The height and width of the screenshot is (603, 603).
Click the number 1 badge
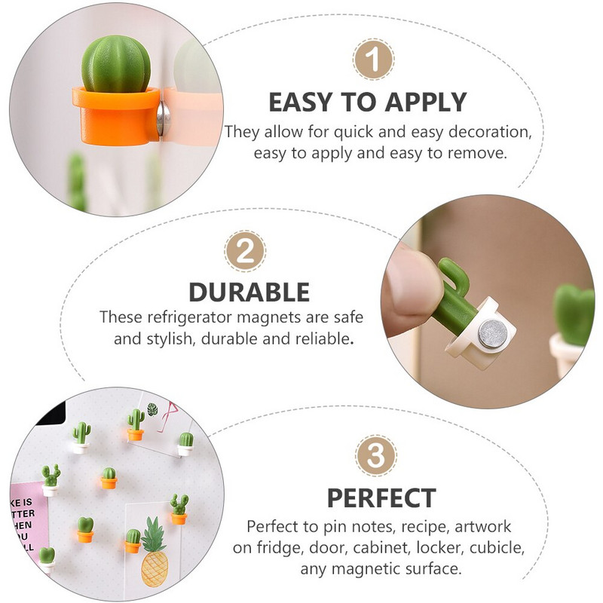373,60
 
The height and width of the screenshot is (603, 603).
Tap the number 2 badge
245,251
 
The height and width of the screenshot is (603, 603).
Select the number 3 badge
375,456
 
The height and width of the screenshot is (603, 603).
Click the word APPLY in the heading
426,103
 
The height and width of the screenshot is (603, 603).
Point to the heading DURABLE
249,292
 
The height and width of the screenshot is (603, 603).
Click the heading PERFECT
381,498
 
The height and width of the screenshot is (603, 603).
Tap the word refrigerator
190,317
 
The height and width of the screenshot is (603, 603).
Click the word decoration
491,132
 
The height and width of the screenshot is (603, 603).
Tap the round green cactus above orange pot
116,64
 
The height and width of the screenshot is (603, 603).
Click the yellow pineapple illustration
155,552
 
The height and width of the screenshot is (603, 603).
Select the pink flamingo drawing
167,418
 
